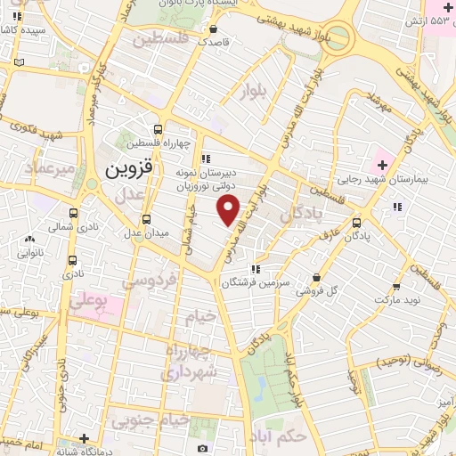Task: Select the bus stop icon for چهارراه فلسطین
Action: tap(158, 129)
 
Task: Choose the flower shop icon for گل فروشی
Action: tap(317, 277)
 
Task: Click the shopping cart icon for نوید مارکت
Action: tap(397, 286)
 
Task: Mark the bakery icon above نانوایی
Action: tap(32, 239)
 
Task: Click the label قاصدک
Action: tap(215, 42)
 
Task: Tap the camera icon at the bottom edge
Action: tap(203, 448)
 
